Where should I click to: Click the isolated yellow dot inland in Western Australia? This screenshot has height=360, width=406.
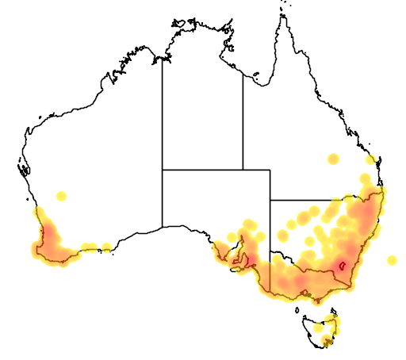coord(61,196)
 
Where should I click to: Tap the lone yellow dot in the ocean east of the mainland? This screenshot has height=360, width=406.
coord(391,260)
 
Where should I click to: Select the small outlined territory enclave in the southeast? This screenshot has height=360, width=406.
coord(342,266)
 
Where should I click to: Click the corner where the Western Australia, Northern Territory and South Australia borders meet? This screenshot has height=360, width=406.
coord(163,170)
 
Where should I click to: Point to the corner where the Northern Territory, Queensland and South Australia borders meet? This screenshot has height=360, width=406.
coord(243,170)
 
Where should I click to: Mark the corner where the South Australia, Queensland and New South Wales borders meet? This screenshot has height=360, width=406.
coord(270,200)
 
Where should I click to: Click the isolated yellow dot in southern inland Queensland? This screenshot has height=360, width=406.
coord(334,159)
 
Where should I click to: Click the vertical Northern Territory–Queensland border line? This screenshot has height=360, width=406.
coord(243,119)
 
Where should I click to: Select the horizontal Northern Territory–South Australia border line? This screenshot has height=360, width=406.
coord(202,170)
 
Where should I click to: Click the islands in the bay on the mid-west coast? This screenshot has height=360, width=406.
coord(23,168)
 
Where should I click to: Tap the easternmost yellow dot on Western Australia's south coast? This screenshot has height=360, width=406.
coord(106,248)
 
